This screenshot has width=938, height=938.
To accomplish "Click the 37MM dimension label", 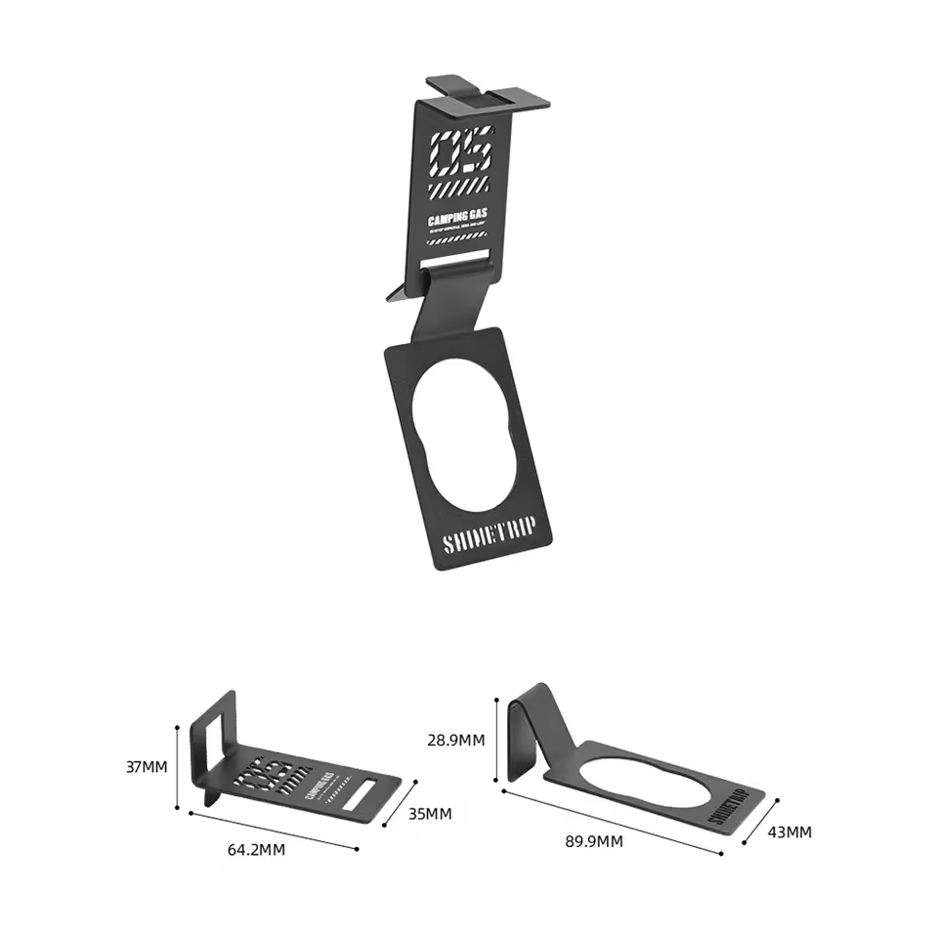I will (147, 767).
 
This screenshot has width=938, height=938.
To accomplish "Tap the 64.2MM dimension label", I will (256, 849).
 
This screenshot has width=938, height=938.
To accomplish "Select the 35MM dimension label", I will (431, 813).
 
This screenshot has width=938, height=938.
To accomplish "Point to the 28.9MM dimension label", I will (456, 740).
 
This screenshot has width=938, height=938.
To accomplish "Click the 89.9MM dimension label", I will (594, 841).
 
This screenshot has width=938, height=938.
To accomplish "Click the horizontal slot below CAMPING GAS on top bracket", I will (454, 262).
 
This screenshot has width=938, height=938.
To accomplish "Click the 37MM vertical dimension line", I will (177, 768).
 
